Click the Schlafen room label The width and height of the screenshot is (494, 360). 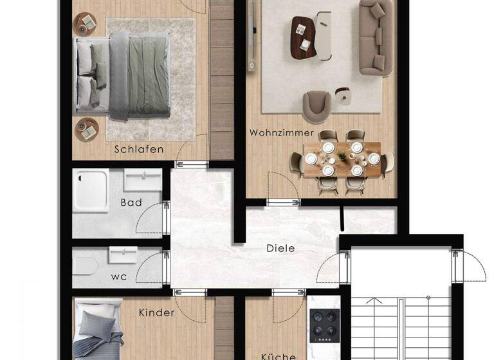point(139,149)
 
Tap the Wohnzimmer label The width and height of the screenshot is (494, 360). point(282,133)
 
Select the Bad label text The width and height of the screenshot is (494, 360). point(131,203)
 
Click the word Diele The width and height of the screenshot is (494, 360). point(280,248)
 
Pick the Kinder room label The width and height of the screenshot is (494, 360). point(156,313)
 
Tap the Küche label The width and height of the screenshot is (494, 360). point(278,355)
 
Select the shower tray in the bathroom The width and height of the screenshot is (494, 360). point(91,190)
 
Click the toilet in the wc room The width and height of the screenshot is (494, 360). point(86,265)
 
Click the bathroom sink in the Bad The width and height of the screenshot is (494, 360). point(143,181)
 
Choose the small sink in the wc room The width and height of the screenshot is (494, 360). point(122,256)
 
